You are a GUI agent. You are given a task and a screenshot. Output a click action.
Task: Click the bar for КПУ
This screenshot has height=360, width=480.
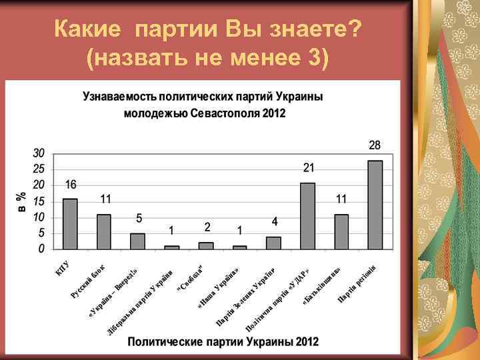tap(70, 224)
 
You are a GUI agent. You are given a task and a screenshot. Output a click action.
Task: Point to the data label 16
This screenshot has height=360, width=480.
tap(71, 184)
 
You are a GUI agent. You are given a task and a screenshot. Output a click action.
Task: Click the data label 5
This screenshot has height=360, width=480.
tap(139, 218)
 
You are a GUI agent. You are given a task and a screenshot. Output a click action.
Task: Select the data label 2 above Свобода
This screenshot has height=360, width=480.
tap(207, 227)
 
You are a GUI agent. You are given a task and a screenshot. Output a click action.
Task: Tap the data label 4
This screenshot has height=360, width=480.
tap(274, 221)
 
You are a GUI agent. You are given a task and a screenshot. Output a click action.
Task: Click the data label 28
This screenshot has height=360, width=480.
tap(375, 145)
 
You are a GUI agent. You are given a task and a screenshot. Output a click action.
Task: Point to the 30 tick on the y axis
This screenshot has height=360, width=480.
tap(39, 152)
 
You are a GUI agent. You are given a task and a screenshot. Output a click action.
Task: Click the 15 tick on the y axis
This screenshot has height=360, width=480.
tap(39, 201)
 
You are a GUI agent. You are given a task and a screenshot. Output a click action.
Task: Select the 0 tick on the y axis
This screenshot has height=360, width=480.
tap(42, 249)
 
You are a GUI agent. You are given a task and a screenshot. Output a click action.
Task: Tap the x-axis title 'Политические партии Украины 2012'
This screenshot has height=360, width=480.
tap(223, 341)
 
